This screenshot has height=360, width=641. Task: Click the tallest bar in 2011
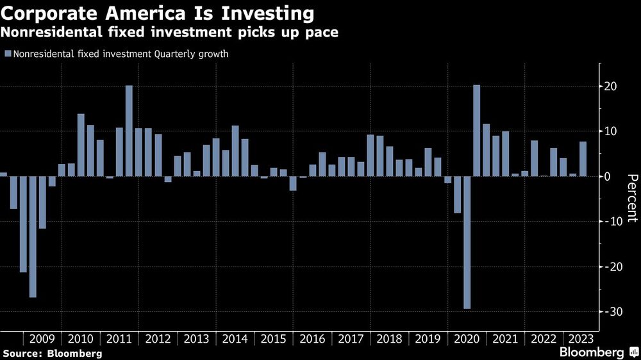(x=129, y=131)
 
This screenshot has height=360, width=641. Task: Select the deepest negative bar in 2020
(x=467, y=242)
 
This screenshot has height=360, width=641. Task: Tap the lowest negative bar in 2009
(x=33, y=236)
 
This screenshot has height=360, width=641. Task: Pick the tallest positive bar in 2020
(x=476, y=131)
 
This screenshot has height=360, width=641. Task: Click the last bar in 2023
(x=583, y=159)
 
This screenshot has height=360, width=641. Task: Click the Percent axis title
(x=631, y=198)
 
